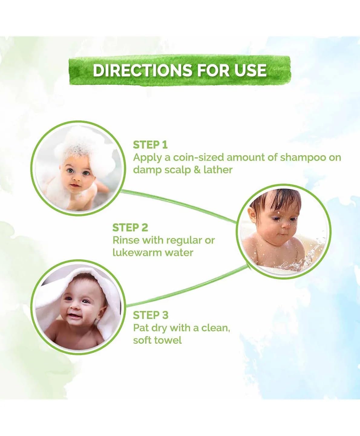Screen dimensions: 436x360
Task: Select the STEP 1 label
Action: tap(150, 145)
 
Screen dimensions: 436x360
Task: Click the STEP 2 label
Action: tap(130, 228)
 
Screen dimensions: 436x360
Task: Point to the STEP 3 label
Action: tap(150, 315)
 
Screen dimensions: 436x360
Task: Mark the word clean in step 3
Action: tap(214, 328)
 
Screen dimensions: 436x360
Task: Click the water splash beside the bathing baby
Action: tap(309, 257)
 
